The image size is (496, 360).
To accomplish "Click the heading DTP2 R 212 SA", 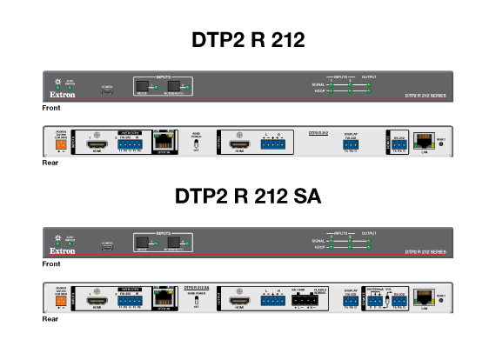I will [248, 197].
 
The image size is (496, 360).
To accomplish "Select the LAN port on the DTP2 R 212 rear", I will [425, 142].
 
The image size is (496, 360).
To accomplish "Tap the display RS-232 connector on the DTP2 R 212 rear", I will [352, 143].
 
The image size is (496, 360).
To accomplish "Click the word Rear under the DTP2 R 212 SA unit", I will [50, 318].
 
